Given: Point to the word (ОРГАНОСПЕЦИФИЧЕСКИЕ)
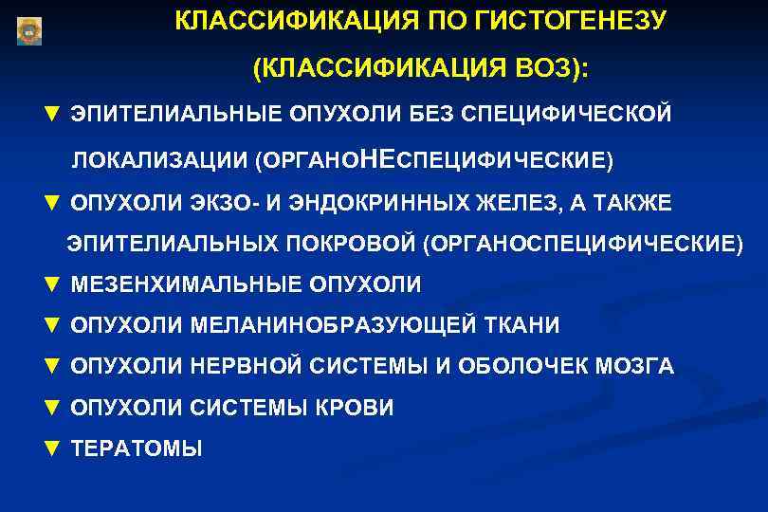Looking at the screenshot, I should coord(584,244).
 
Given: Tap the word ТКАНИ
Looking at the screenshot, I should coord(521,325).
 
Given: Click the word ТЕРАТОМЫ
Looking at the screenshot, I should coord(137,449).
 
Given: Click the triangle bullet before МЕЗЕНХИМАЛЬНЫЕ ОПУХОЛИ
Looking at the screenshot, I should coord(52,283).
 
